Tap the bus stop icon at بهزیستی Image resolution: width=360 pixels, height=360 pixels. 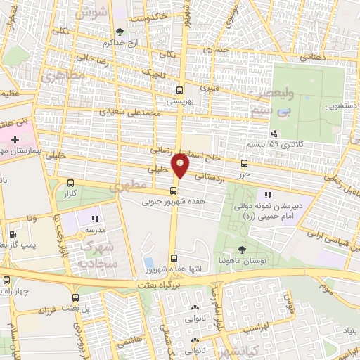(x=180, y=90)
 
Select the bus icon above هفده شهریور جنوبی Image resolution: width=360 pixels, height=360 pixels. (x=174, y=190)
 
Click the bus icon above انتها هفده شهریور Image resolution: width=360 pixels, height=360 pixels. (x=174, y=257)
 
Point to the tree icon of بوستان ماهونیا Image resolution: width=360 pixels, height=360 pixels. (x=242, y=250)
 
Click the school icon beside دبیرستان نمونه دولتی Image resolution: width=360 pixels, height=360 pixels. (x=267, y=194)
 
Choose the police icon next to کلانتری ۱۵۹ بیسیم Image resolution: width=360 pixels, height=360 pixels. (x=274, y=134)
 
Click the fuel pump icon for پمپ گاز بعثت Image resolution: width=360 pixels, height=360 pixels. (x=12, y=235)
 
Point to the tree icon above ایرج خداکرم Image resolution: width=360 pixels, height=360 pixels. (x=119, y=31)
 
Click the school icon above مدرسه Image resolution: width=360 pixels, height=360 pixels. (x=96, y=219)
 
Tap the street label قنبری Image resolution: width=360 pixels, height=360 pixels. (x=210, y=89)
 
